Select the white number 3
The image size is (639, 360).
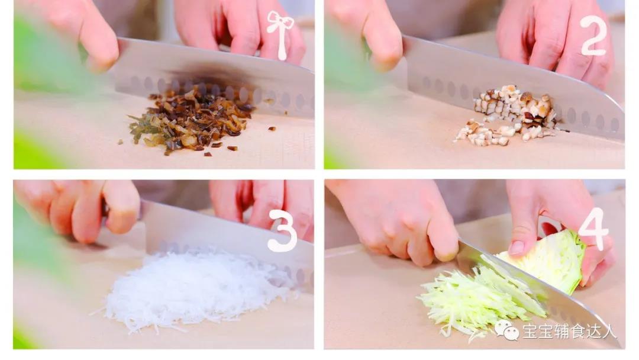point(282,230)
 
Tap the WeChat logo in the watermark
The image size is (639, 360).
point(506,330)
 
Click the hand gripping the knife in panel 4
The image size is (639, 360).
point(408,222)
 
